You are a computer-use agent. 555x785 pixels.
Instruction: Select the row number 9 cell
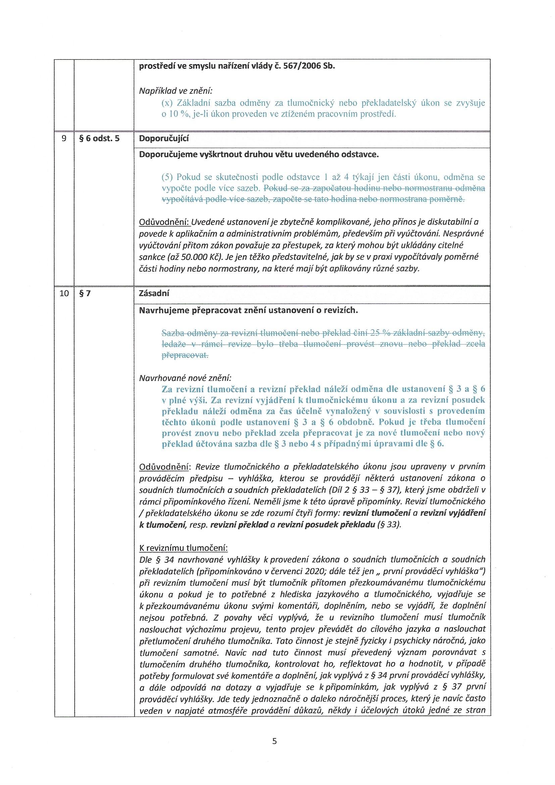tap(64, 139)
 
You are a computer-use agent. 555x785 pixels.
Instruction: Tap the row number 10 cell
tap(64, 293)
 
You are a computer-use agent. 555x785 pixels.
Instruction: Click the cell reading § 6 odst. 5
tap(99, 139)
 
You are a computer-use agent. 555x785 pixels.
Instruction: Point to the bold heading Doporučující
tap(164, 138)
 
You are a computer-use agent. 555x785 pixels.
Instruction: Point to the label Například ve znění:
tap(175, 91)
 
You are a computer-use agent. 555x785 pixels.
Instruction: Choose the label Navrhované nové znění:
tap(185, 378)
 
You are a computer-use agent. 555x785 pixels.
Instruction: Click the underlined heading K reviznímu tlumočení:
tap(184, 548)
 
